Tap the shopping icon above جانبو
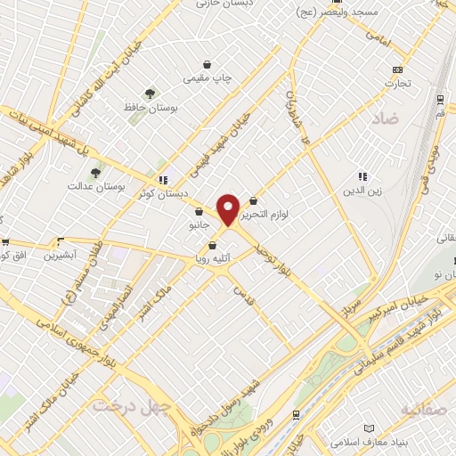pos(199,211)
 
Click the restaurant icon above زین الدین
pos(362,176)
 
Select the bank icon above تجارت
pos(396,70)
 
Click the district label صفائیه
pos(421,410)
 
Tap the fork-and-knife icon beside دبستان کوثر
pos(163,179)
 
